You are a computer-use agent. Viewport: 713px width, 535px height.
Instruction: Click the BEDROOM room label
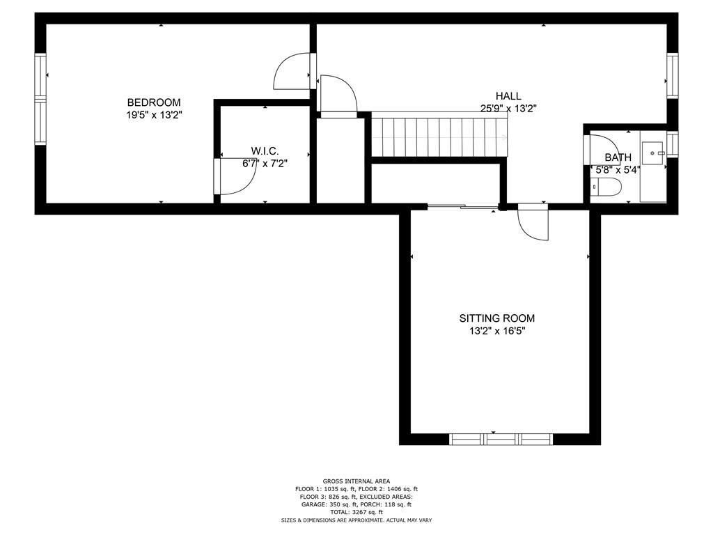[x=154, y=102]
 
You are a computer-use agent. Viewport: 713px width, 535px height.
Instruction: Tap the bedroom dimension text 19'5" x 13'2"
[x=154, y=115]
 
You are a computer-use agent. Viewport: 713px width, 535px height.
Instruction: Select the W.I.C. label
[x=265, y=151]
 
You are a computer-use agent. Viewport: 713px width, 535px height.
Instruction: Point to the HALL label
[x=508, y=96]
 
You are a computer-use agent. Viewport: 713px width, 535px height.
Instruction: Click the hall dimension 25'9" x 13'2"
[x=508, y=108]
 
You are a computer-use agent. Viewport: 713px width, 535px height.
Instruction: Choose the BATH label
[x=618, y=157]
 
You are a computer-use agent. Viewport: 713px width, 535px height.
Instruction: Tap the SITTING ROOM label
[x=497, y=318]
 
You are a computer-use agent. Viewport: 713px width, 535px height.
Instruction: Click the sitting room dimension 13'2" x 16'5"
[x=497, y=331]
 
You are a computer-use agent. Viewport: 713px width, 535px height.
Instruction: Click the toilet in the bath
[x=606, y=187]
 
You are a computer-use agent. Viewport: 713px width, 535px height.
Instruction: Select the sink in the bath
[x=653, y=153]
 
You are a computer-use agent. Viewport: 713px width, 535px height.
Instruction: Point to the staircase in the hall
[x=439, y=137]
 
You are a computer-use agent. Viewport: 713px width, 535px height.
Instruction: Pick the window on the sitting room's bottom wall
[x=501, y=439]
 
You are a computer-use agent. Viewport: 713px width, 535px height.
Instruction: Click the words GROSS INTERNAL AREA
[x=356, y=481]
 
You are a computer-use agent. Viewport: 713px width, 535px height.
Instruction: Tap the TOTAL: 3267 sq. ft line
[x=356, y=512]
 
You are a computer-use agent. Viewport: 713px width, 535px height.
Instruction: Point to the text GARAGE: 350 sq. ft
[x=326, y=504]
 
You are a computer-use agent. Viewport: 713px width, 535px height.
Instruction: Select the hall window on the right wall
[x=672, y=75]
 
